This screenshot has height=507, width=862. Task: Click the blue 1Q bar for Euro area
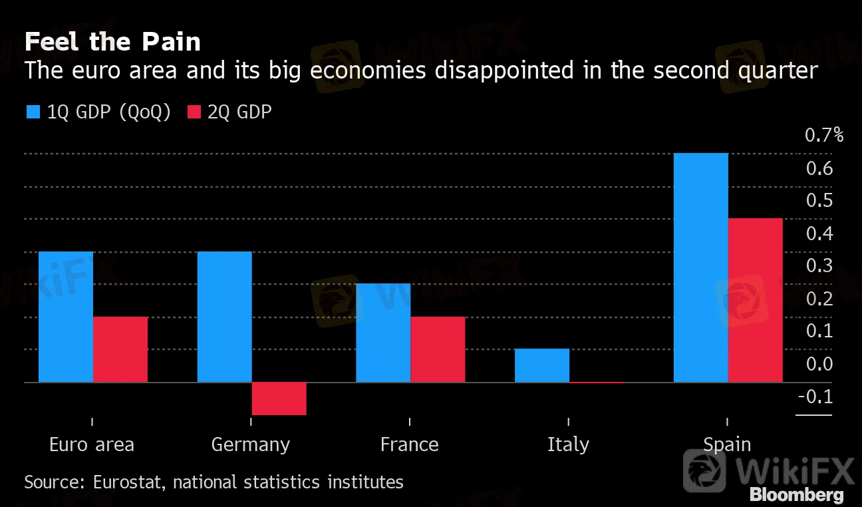(x=66, y=317)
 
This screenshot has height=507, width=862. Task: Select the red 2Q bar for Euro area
(x=120, y=349)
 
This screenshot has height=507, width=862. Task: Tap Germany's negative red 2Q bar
(x=279, y=399)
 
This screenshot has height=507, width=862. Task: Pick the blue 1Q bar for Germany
(x=225, y=317)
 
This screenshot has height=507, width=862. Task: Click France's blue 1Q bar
(x=383, y=333)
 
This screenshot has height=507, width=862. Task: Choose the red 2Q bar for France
(x=438, y=349)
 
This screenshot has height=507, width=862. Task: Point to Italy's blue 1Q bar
(x=542, y=365)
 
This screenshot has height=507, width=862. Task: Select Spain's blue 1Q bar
(x=701, y=267)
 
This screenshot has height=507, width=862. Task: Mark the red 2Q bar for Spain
(x=756, y=300)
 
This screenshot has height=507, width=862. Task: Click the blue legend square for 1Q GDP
(x=33, y=112)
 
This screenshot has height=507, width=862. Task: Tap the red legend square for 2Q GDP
(x=193, y=112)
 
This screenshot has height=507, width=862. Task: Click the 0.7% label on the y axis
(x=824, y=136)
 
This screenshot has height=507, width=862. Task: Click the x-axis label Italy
(x=568, y=444)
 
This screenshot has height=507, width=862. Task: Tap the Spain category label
(x=727, y=444)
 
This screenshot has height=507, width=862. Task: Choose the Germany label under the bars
(x=251, y=444)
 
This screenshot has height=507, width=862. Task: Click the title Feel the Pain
(x=112, y=43)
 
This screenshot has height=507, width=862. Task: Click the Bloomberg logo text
(x=797, y=495)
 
